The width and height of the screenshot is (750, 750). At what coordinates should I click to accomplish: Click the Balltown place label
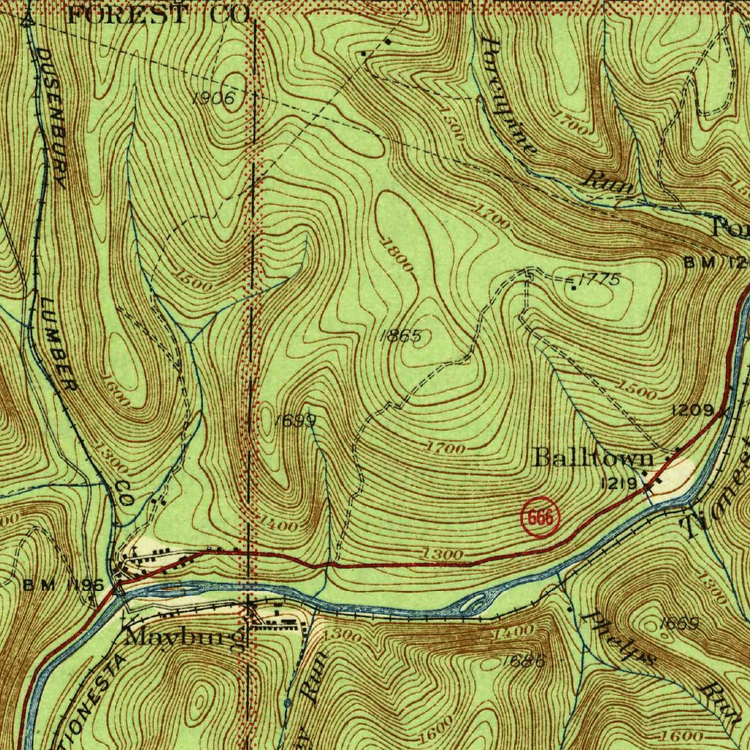pyautogui.click(x=593, y=458)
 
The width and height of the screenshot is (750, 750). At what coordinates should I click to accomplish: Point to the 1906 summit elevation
pyautogui.click(x=214, y=99)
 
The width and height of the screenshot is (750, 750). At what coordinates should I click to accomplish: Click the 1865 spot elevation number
pyautogui.click(x=401, y=336)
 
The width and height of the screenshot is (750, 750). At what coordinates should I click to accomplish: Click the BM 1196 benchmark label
pyautogui.click(x=63, y=585)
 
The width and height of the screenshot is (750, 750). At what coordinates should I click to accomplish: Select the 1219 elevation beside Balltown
pyautogui.click(x=619, y=483)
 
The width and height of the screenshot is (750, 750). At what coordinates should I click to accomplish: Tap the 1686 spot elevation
pyautogui.click(x=525, y=661)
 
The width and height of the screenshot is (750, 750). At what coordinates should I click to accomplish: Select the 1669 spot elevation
pyautogui.click(x=678, y=623)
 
